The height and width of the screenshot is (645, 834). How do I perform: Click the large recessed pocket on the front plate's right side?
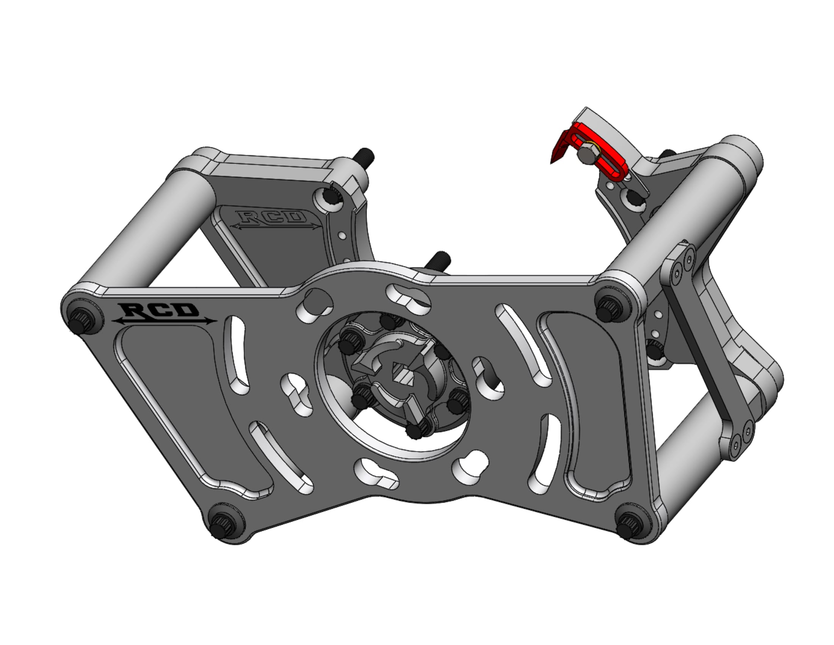596,405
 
